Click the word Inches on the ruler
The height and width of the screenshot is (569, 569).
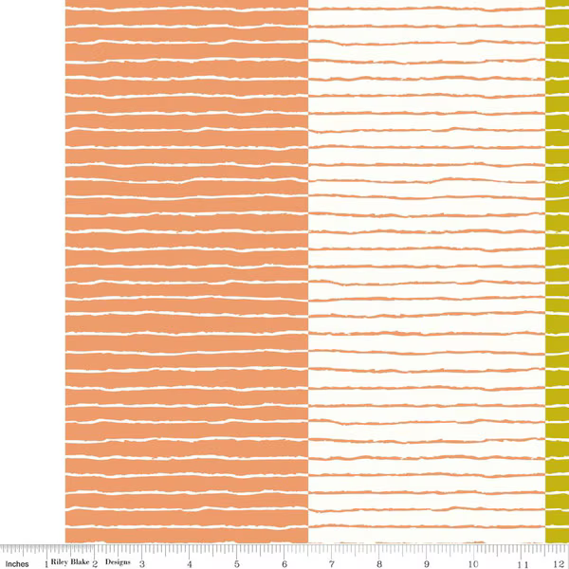16,560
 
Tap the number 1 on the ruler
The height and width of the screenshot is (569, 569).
46,560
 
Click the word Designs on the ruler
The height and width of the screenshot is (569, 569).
118,560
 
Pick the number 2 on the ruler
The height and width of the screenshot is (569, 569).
96,560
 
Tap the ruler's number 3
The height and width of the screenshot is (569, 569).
142,560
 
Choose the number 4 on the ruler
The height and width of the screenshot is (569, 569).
190,560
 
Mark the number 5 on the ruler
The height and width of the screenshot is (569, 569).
237,560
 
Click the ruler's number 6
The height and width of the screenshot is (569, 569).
284,560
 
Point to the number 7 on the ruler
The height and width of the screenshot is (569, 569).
332,560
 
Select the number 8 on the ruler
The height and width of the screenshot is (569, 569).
379,560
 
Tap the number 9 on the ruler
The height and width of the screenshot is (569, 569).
427,560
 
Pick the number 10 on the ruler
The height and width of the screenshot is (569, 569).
473,560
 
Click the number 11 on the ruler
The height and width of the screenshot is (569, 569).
521,560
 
